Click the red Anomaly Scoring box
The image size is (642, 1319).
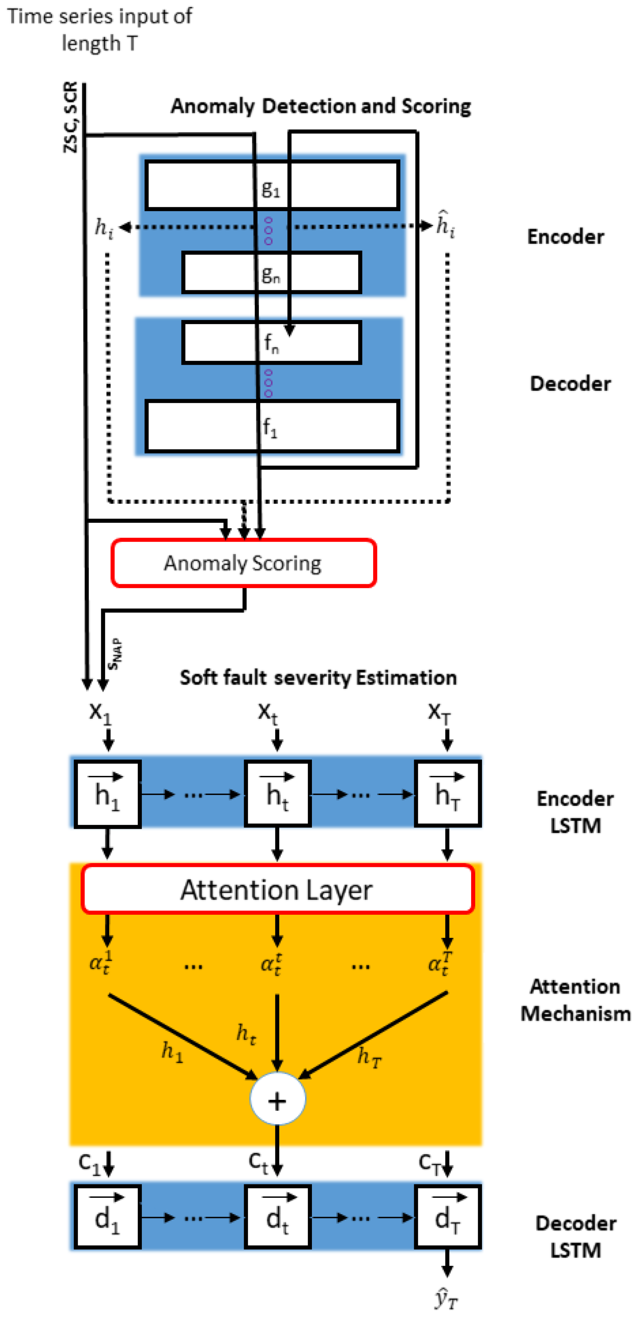[243, 563]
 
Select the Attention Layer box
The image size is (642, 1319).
[277, 889]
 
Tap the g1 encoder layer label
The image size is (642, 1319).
[271, 189]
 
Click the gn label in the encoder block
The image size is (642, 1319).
[271, 275]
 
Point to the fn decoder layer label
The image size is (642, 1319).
[271, 343]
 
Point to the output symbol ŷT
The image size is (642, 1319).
[446, 1298]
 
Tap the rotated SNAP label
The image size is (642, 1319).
[115, 654]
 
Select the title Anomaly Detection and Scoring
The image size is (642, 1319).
[321, 106]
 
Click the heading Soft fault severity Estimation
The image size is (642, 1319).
[318, 677]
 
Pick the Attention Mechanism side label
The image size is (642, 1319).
[575, 999]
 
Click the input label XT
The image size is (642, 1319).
[439, 712]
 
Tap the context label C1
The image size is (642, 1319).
[90, 1163]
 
